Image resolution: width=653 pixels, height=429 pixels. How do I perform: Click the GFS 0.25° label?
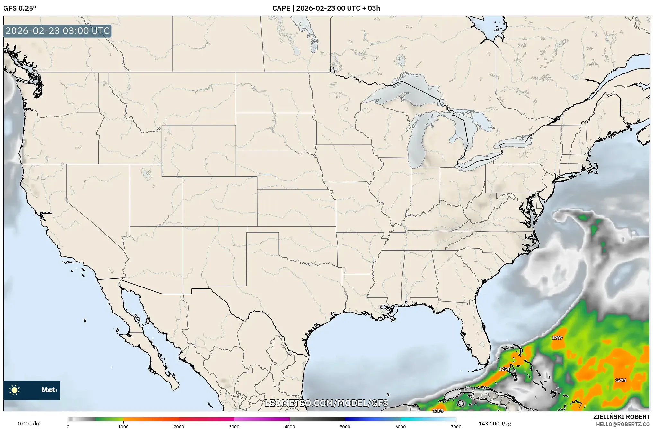tap(20, 8)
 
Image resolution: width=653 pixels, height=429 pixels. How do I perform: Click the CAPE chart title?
tap(326, 8)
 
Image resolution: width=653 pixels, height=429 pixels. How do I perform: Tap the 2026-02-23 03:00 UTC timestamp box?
tap(57, 31)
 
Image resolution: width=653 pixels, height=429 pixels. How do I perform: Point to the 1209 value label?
tap(557, 338)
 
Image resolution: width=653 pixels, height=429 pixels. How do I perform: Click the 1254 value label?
tap(504, 369)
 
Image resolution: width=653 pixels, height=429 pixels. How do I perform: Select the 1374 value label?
tap(621, 380)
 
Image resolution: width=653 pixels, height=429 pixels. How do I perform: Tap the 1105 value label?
tap(438, 411)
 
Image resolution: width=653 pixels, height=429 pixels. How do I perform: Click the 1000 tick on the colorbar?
tap(123, 426)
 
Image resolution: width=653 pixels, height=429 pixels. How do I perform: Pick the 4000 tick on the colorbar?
tap(290, 426)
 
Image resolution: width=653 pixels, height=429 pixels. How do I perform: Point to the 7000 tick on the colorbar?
tap(455, 426)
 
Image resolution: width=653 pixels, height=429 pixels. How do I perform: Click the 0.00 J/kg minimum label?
tap(29, 424)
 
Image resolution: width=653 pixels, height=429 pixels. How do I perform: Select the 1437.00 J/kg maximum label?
tap(495, 424)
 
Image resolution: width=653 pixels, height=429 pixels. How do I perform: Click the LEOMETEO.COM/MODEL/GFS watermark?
tap(326, 403)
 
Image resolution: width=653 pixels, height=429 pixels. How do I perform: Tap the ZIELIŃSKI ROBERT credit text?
tap(621, 417)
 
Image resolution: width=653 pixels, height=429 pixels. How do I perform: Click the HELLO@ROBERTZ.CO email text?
tap(623, 424)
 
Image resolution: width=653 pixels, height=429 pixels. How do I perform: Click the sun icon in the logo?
tap(14, 390)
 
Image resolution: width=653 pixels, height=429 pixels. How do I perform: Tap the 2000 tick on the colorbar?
tap(179, 426)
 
